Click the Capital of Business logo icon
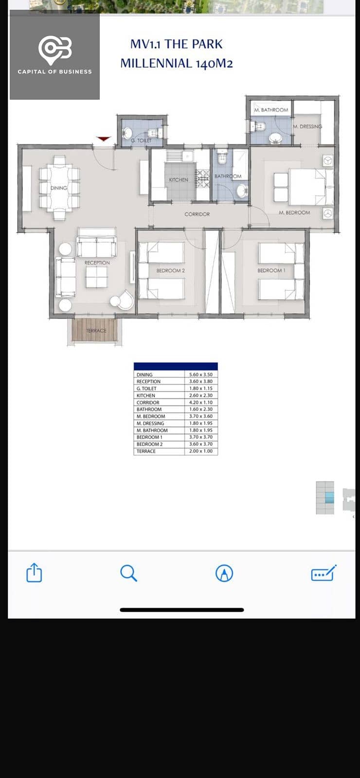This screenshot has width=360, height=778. pos(55,50)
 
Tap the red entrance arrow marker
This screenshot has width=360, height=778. pos(104,139)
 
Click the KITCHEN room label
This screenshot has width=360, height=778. pos(179,180)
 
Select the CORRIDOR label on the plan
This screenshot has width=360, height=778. pos(197,214)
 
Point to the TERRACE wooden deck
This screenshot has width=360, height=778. pos(94,330)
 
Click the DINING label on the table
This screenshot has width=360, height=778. pos(59,188)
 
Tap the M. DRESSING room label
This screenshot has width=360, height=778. pos(307,126)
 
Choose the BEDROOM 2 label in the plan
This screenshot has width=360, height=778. pos(171,270)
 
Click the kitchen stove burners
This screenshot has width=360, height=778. pos(202,178)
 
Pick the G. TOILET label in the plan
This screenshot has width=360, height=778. pos(141,141)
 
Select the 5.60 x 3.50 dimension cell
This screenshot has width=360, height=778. pos(201,375)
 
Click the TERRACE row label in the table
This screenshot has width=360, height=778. pos(146,451)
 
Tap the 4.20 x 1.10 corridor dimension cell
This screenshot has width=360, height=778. pos(201,403)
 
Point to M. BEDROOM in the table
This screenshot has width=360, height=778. pos(151,416)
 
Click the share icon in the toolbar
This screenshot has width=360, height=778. pos(34,572)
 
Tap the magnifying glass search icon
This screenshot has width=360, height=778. pos(128,573)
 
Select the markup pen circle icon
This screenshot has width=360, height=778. pos(224,573)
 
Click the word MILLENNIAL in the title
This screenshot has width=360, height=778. pos(156,64)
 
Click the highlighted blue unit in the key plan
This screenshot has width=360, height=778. pos(329,498)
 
